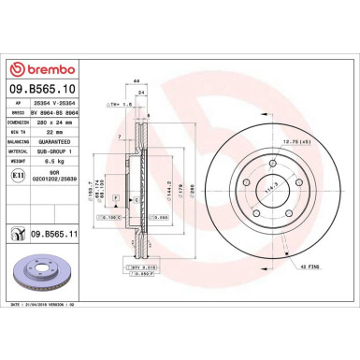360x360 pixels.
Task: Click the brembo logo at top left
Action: point(47,67)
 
